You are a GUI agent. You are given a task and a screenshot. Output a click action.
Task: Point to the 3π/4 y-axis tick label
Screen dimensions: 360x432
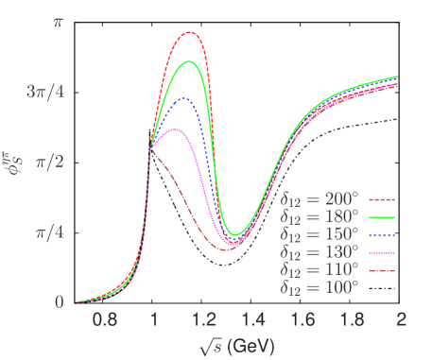point(46,92)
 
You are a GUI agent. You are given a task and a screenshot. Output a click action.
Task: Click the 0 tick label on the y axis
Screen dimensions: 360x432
point(59,301)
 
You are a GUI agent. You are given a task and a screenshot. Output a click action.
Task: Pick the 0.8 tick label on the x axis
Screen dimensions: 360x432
point(105,320)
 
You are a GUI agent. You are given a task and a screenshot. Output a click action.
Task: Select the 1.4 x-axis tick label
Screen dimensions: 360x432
point(253,320)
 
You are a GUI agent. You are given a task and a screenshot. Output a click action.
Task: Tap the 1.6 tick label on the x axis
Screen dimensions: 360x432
point(303,320)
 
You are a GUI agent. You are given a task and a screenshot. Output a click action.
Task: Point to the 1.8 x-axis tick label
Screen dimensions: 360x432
point(353,320)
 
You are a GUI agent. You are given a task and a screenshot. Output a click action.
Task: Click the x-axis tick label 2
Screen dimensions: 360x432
point(402,320)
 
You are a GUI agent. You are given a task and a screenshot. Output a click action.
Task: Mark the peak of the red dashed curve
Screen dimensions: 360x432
point(191,33)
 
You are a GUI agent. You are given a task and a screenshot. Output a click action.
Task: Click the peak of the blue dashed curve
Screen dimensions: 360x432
point(184,98)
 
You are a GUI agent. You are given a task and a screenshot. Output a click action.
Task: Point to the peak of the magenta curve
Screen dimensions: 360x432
point(177,129)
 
